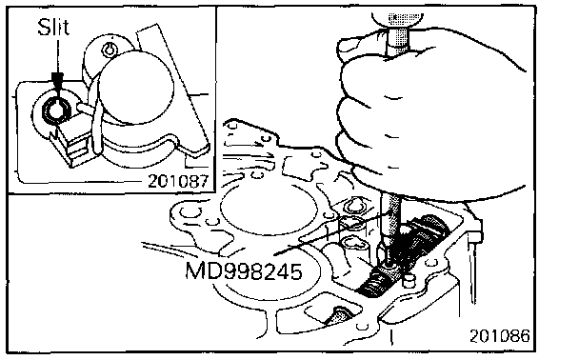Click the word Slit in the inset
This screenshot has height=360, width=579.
[x=53, y=28]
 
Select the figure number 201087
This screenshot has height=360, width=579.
[x=178, y=181]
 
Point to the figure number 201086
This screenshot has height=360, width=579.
[x=499, y=335]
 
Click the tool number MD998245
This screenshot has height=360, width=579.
[x=244, y=271]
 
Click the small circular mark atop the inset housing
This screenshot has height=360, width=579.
[x=110, y=50]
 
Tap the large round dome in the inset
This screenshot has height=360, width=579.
[x=136, y=87]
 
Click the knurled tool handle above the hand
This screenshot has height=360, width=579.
[x=398, y=32]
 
